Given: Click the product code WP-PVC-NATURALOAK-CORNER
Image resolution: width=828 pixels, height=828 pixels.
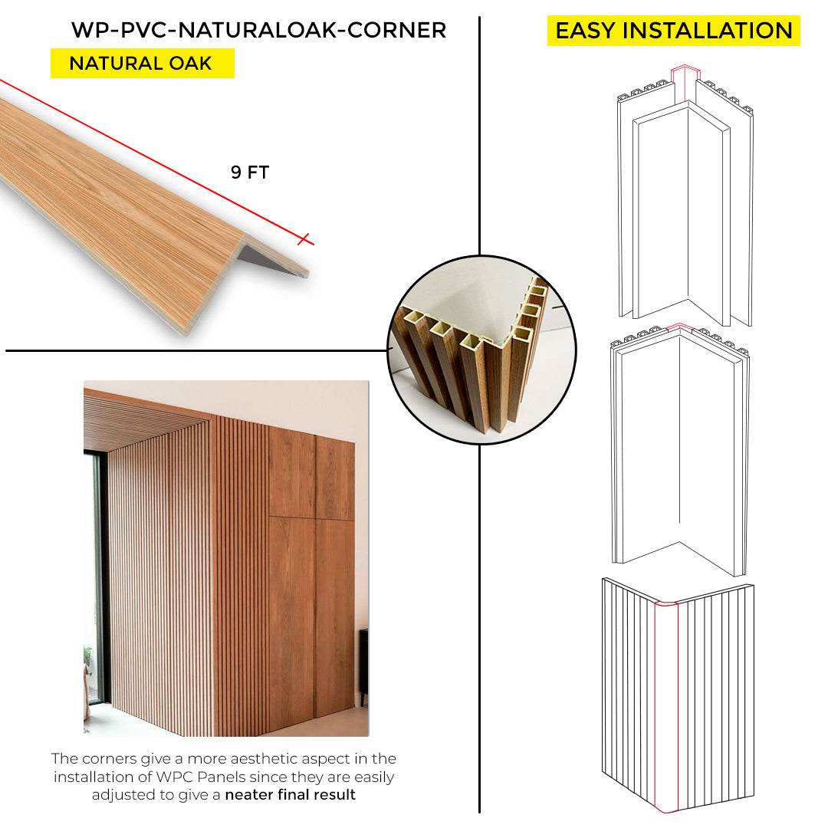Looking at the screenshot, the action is tap(259, 30).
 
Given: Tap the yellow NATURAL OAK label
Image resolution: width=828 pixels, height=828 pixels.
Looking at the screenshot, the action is tap(142, 64).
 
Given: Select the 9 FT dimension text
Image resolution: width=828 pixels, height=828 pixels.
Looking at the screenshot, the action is tap(250, 172).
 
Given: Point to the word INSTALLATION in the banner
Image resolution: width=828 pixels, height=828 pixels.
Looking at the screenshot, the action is tap(708, 31).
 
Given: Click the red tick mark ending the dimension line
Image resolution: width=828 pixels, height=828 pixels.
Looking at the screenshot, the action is tap(304, 239).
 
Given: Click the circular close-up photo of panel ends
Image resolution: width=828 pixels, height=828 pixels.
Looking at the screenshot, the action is tap(481, 350).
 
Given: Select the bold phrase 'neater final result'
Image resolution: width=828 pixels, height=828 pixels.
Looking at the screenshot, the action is tap(290, 795).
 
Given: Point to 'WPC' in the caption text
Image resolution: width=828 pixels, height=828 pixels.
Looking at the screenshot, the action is tap(175, 777).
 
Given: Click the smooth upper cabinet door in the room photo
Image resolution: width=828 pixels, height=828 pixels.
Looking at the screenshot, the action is tap(292, 473).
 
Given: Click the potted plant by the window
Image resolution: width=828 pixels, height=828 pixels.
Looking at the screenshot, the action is tap(87, 660).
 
